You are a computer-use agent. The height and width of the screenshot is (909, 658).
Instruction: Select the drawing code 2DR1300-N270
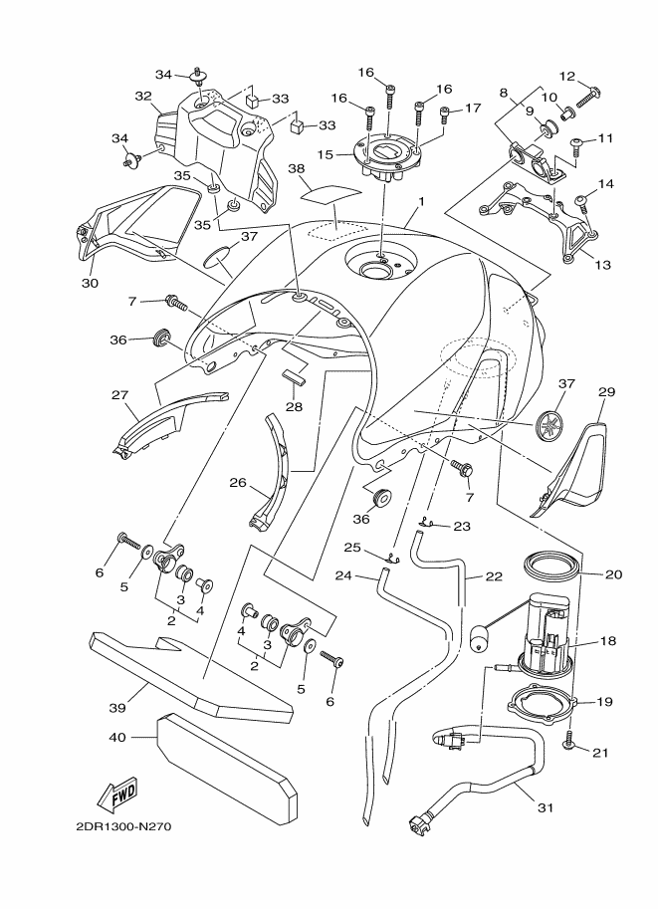click(x=123, y=826)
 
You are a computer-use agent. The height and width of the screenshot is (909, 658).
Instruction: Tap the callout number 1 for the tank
click(x=422, y=201)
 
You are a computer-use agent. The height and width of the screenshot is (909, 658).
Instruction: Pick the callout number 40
click(x=117, y=737)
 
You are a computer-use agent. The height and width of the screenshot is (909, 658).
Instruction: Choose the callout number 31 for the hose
click(x=545, y=807)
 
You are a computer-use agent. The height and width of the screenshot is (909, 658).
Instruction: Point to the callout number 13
click(x=603, y=265)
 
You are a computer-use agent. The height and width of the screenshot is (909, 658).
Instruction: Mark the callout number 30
click(x=90, y=283)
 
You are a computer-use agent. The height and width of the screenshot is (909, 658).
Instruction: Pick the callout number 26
click(x=238, y=482)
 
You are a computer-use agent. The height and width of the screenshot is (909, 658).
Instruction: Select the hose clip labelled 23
click(x=428, y=520)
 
